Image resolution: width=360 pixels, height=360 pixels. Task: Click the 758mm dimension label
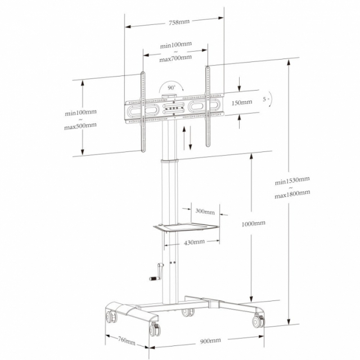(179, 22)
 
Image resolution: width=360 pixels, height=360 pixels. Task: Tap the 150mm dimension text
(242, 102)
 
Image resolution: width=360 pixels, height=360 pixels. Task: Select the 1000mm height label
(254, 223)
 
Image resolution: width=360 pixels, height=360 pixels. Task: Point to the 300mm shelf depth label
(205, 211)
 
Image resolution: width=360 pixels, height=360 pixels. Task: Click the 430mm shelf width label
(194, 242)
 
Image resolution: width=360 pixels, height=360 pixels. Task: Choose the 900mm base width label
(210, 341)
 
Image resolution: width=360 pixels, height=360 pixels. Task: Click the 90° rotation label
(171, 88)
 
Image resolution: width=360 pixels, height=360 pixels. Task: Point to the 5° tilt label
(265, 99)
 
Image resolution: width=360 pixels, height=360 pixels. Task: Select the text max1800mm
(292, 195)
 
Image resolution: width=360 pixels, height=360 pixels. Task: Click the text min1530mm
(292, 181)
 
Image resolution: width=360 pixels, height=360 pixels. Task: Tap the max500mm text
(80, 126)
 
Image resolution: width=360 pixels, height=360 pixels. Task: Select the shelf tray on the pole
(186, 227)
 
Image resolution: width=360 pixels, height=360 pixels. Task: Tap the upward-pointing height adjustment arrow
(184, 138)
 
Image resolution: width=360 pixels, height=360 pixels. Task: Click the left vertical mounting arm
(143, 112)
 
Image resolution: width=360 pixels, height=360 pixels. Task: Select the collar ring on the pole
(169, 160)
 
